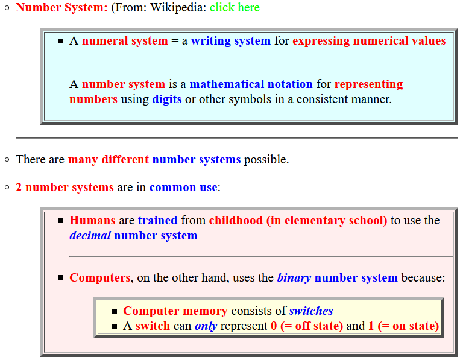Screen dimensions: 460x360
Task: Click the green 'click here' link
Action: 235,8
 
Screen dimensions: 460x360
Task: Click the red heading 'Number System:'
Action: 61,8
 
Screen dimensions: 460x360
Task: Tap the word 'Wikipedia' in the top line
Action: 178,8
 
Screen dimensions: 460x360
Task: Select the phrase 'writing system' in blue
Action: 231,41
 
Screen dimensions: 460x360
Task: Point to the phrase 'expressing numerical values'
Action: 369,41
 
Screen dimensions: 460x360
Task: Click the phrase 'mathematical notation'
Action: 251,84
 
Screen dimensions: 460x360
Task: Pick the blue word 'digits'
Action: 167,99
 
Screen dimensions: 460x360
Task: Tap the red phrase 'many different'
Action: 109,160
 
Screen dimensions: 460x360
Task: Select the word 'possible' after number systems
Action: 265,160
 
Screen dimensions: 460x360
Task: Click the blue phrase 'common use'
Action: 184,188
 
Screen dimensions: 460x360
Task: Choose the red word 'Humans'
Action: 92,220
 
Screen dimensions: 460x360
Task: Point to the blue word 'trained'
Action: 158,220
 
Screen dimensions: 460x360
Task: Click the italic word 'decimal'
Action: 90,236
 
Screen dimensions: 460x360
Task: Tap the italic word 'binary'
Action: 294,278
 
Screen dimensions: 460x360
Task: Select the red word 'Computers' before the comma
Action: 99,278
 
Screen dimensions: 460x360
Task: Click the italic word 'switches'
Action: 311,311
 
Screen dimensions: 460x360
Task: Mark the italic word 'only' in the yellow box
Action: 206,326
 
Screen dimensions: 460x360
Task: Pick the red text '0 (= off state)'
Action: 307,326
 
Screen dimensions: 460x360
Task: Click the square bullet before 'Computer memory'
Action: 115,311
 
